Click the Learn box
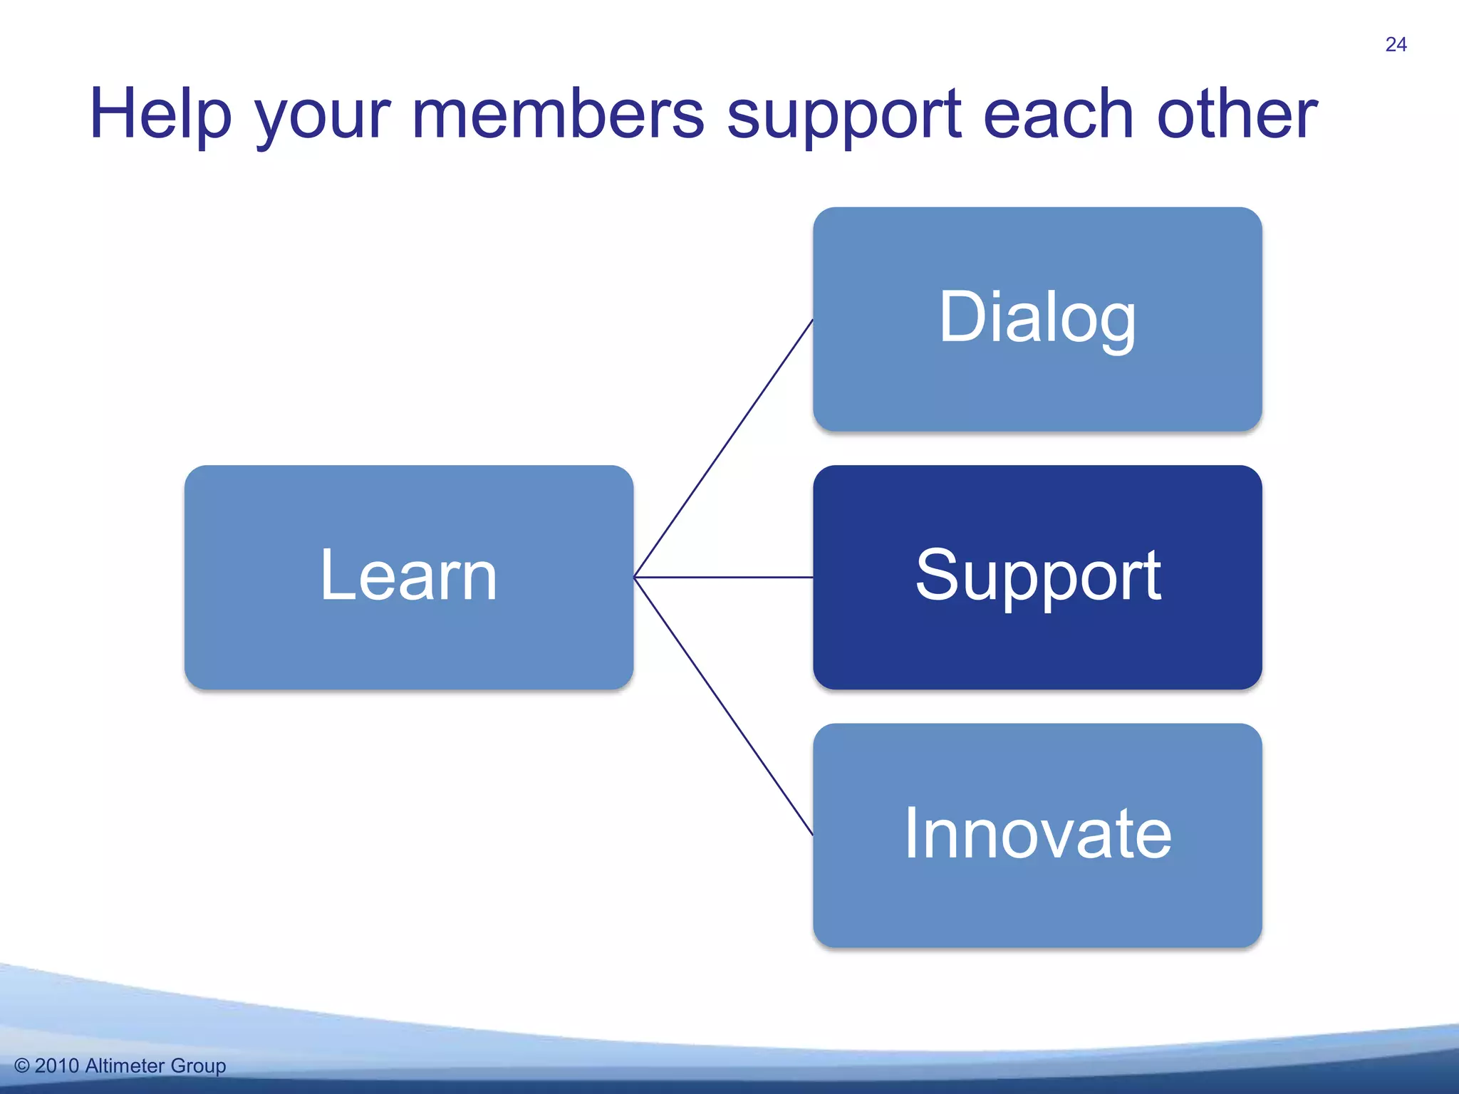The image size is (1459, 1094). click(408, 577)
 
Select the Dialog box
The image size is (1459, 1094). click(1037, 318)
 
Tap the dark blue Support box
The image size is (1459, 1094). click(1037, 577)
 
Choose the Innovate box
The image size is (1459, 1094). click(1037, 835)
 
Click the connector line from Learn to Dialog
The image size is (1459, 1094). click(723, 448)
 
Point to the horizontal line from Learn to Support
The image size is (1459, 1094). click(723, 577)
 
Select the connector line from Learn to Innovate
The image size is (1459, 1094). click(723, 706)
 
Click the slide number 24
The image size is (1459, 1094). click(1396, 45)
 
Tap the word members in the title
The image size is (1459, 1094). click(557, 114)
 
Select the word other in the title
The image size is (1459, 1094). click(1237, 114)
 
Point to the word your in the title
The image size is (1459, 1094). click(323, 118)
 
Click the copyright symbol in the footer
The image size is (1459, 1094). click(22, 1066)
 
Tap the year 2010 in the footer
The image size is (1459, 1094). click(56, 1066)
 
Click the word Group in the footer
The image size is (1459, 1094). click(198, 1066)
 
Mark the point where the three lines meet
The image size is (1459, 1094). click(634, 577)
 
